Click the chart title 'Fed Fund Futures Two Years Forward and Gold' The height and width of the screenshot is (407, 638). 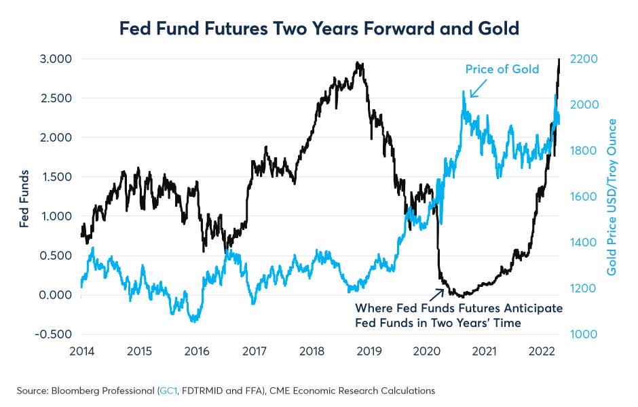pyautogui.click(x=318, y=29)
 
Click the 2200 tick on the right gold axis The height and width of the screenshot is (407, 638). pyautogui.click(x=583, y=59)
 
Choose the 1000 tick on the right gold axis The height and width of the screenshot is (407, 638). pyautogui.click(x=583, y=334)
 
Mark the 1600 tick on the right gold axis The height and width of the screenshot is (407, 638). pyautogui.click(x=583, y=197)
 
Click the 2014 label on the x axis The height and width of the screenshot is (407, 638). pyautogui.click(x=81, y=352)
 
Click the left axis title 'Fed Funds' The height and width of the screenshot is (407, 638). pyautogui.click(x=24, y=197)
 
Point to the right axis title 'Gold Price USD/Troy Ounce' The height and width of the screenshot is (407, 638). pyautogui.click(x=612, y=197)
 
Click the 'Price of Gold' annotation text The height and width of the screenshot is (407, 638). pyautogui.click(x=502, y=69)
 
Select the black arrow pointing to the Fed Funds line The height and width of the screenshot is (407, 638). pyautogui.click(x=434, y=292)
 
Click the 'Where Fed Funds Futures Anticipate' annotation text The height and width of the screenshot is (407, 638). pyautogui.click(x=459, y=309)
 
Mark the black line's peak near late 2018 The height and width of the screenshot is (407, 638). pyautogui.click(x=358, y=63)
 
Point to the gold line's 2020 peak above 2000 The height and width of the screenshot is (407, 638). pyautogui.click(x=464, y=92)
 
